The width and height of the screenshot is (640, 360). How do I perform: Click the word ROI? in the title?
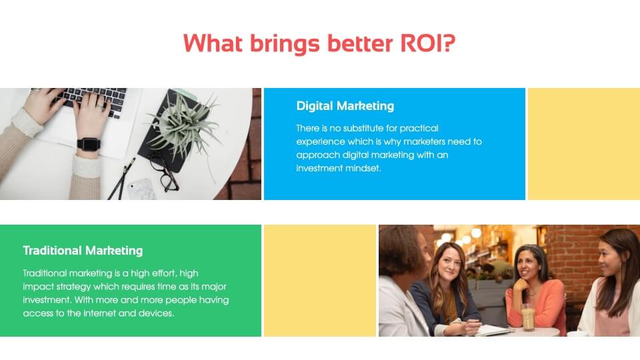[427, 43]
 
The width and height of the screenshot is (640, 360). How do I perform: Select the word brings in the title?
[285, 44]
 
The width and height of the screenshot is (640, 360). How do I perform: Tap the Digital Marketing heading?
[345, 106]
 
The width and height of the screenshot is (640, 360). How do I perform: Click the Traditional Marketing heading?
[83, 251]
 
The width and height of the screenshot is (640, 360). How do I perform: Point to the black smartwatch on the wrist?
[89, 144]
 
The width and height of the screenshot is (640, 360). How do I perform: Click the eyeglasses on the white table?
[163, 171]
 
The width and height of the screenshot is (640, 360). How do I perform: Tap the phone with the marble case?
[141, 189]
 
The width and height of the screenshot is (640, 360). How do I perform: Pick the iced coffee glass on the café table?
[528, 317]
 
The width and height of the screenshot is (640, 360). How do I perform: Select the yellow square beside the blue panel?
[584, 144]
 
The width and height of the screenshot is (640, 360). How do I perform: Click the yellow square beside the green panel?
[320, 281]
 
